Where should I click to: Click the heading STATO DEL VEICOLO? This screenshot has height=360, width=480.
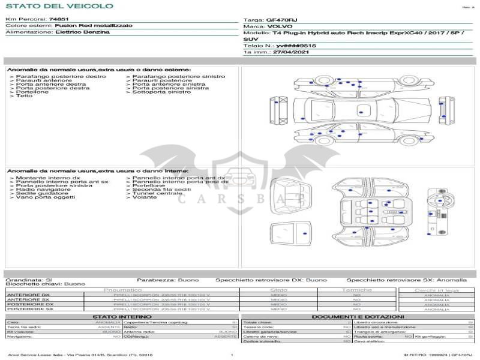click(x=59, y=6)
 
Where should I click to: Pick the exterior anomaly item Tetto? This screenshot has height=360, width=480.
click(x=24, y=96)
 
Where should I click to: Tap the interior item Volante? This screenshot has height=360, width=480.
click(x=145, y=197)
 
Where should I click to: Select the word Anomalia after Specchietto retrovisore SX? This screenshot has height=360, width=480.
click(x=452, y=280)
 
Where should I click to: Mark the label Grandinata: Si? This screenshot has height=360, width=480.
click(x=29, y=280)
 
